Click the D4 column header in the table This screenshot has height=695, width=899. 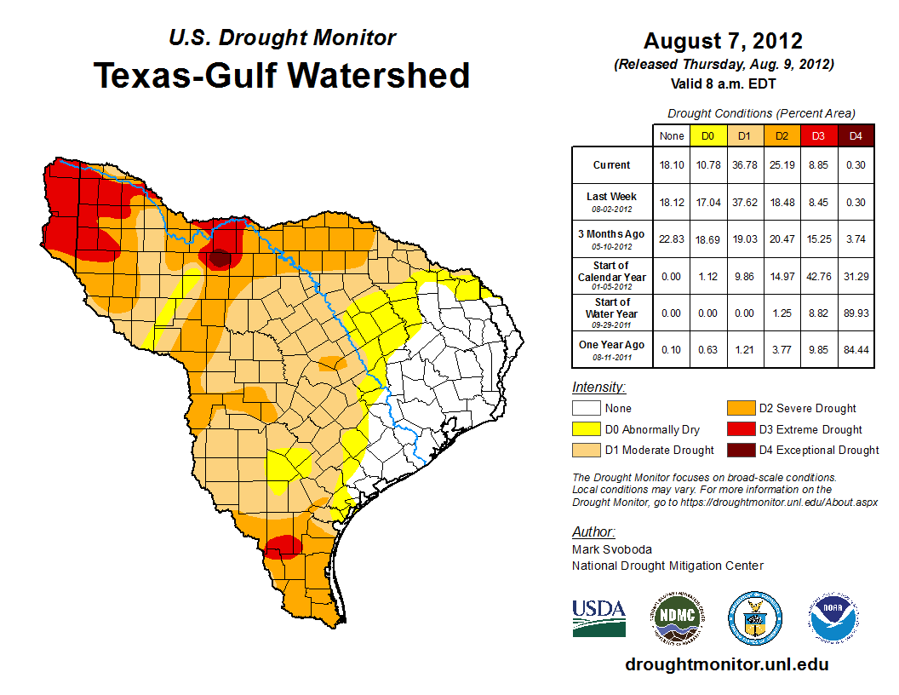[856, 135]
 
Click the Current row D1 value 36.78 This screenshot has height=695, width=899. [743, 165]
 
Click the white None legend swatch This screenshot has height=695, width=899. [588, 409]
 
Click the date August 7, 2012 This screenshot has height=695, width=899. [723, 41]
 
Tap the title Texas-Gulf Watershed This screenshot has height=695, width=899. [282, 75]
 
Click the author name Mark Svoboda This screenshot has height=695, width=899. [612, 549]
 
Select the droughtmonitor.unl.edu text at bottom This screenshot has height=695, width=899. [726, 664]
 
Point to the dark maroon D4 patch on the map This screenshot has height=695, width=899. [220, 257]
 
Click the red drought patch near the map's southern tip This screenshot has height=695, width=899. [282, 545]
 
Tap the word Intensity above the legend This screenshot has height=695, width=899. [598, 388]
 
